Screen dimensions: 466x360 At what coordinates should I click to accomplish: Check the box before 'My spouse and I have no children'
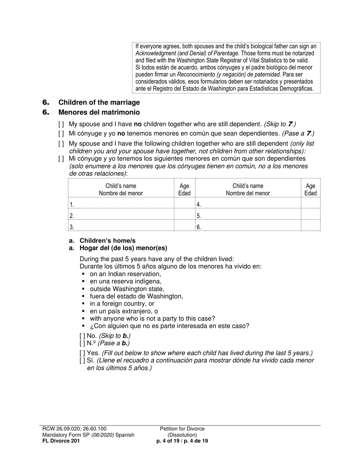[x=61, y=124]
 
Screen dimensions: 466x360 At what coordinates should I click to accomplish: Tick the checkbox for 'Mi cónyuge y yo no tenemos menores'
[x=61, y=133]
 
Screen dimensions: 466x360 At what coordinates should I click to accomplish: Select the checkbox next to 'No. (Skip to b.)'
[x=82, y=336]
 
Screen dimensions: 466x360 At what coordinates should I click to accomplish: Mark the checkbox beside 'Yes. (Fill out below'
[x=82, y=353]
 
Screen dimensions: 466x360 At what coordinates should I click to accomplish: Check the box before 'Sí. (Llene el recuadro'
[x=82, y=360]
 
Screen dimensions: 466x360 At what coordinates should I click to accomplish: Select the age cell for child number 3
[x=184, y=227]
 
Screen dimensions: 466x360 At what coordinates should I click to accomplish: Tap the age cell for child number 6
[x=310, y=227]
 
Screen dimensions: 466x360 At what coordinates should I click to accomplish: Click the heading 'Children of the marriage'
[x=99, y=103]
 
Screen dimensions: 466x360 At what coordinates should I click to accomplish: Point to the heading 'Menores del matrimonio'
[x=99, y=113]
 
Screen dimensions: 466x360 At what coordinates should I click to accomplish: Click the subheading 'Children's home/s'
[x=107, y=241]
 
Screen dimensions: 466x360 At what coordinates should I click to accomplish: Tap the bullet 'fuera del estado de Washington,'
[x=136, y=296]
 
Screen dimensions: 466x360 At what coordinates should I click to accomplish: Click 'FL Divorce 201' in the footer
[x=61, y=441]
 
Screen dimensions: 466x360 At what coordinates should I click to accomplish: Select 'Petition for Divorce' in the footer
[x=182, y=429]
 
